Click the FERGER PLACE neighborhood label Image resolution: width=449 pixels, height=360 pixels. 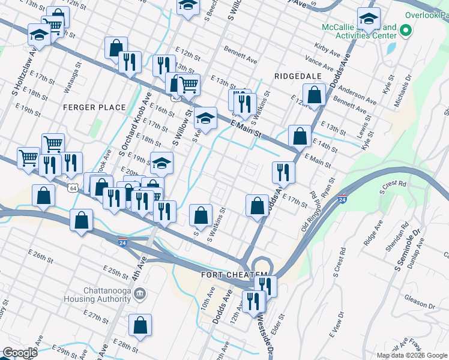[x=94, y=107]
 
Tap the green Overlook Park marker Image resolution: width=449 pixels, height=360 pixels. [x=406, y=29]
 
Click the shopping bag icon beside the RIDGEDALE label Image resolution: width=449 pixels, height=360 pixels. [x=314, y=94]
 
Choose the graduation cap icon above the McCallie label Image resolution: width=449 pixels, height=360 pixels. [x=368, y=18]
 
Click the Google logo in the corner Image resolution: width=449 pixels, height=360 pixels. [x=20, y=353]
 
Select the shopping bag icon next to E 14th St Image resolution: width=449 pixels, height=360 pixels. [x=299, y=136]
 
